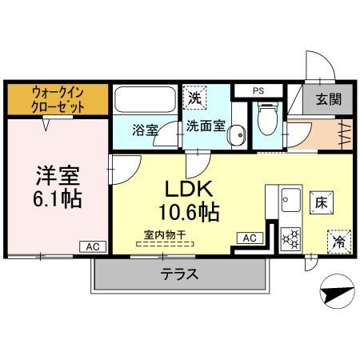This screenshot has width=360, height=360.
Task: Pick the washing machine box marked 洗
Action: (195, 99)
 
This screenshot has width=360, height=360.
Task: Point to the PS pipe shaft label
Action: (258, 90)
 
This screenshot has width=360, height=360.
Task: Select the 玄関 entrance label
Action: (326, 100)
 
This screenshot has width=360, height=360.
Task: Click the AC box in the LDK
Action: (248, 238)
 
